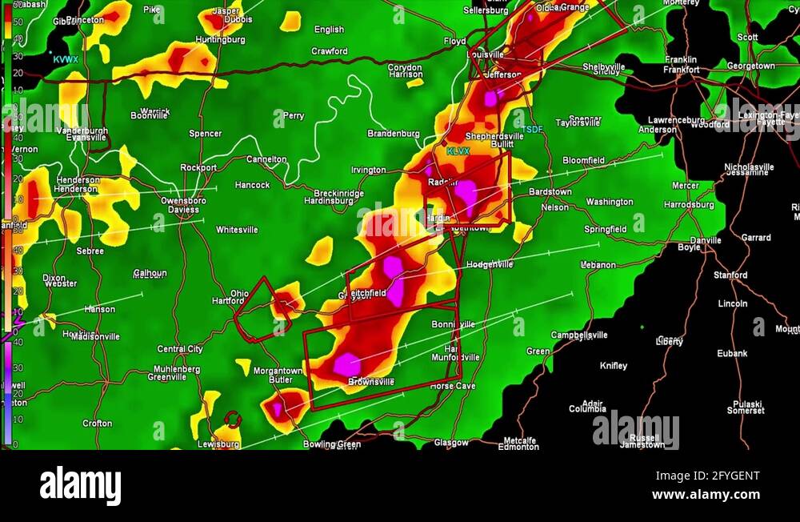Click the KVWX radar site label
(66, 60)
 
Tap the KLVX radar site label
(458, 151)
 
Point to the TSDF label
(532, 129)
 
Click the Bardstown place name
(550, 192)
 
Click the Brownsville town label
(371, 383)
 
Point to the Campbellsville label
(579, 335)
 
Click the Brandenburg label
(394, 134)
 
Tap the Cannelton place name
(266, 159)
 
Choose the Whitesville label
(237, 230)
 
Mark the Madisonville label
(95, 337)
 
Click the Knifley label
(614, 366)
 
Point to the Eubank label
(732, 353)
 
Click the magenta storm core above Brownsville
(346, 364)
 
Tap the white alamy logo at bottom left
(80, 486)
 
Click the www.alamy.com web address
(706, 495)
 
